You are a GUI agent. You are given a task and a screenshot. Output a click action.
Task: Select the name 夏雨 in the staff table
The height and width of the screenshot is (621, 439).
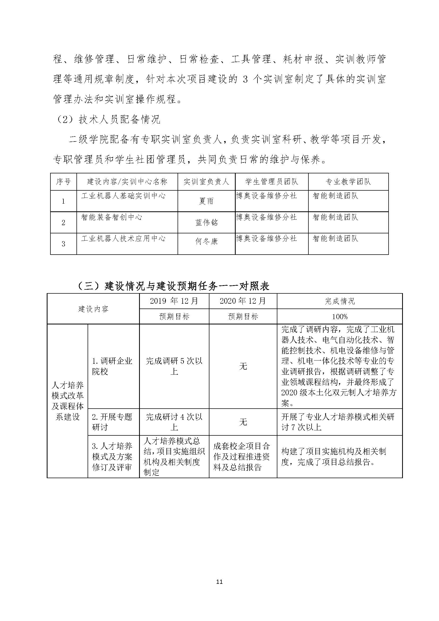click(206, 201)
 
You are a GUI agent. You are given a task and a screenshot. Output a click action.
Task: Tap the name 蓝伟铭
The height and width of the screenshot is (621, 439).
click(206, 222)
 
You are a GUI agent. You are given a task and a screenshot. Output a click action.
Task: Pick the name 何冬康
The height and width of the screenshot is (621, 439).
click(206, 241)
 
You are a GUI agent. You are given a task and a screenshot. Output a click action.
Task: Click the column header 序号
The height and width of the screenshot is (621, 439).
click(63, 182)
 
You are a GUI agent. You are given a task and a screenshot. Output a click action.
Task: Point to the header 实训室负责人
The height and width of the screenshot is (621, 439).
click(206, 182)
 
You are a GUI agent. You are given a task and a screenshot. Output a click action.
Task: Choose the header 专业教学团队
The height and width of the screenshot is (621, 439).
click(348, 182)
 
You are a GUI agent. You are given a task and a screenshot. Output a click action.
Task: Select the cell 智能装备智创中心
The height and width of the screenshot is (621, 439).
click(112, 217)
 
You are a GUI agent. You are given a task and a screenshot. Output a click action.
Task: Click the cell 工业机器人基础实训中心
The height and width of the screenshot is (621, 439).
click(123, 196)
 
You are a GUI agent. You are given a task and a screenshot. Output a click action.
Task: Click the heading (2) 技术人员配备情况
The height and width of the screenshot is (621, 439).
click(108, 119)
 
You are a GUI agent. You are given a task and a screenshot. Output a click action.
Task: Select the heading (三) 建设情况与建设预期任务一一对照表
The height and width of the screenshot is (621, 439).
click(173, 286)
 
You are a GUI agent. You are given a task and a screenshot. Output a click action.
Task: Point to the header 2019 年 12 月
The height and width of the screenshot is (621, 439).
click(174, 301)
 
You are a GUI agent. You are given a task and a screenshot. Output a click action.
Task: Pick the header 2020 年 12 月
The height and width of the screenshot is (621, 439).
click(243, 301)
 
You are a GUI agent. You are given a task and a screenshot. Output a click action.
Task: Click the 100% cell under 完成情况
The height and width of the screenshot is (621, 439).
click(339, 316)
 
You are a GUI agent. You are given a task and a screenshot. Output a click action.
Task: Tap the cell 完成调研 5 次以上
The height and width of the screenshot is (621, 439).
click(174, 366)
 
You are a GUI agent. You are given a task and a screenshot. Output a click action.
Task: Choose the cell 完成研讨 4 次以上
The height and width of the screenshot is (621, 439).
click(174, 422)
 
